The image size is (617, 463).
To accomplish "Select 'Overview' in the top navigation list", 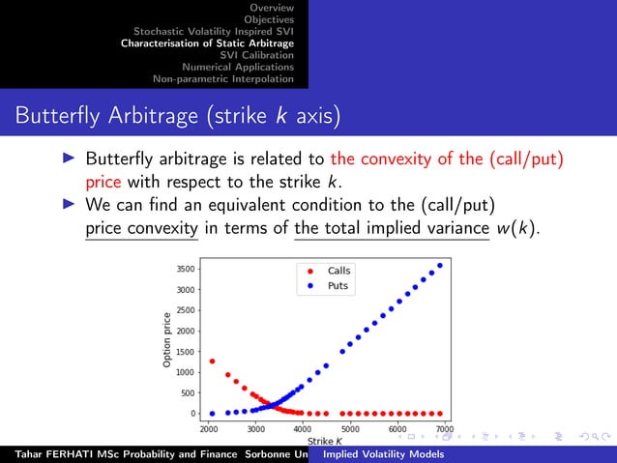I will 273,7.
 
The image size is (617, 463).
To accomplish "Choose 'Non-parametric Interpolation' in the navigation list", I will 218,78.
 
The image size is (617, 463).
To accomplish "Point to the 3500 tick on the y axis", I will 184,269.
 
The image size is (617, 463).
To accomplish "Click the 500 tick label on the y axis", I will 187,392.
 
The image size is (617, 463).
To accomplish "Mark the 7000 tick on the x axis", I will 444,428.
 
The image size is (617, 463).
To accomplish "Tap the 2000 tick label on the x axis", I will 208,428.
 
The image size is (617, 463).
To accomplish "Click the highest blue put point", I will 440,266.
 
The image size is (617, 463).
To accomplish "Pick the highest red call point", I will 212,362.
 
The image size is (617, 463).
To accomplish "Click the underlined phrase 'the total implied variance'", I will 392,229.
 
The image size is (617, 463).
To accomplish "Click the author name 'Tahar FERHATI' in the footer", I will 46,454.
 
